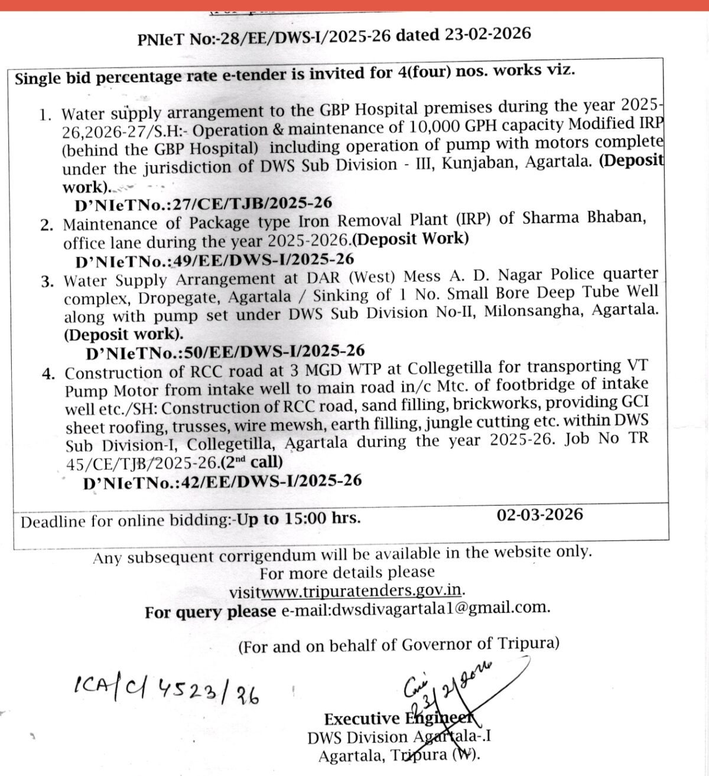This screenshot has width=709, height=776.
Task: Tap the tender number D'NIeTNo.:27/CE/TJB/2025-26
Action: click(x=203, y=204)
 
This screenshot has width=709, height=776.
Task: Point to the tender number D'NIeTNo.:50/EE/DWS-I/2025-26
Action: click(x=225, y=352)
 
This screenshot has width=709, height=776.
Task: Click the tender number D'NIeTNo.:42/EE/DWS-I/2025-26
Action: click(x=222, y=482)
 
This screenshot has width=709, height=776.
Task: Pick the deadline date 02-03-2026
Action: click(x=539, y=514)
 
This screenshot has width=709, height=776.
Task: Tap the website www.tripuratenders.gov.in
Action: click(x=362, y=591)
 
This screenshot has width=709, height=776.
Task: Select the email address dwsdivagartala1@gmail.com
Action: click(x=440, y=608)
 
